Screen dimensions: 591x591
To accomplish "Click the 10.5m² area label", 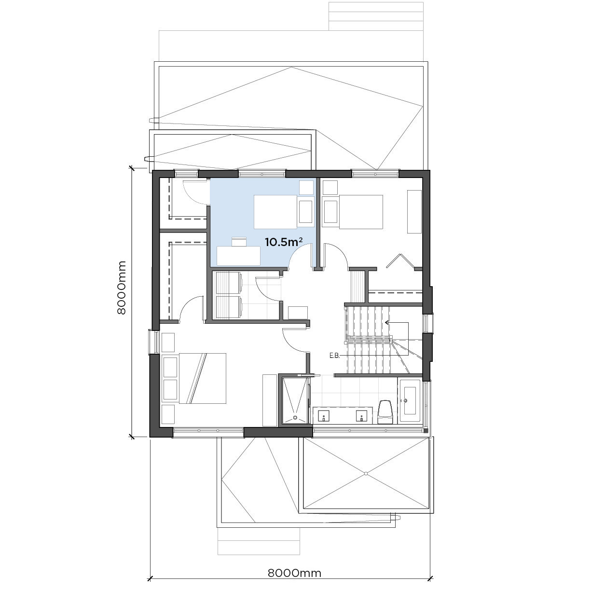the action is coord(284,242).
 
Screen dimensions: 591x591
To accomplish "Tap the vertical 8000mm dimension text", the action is coord(122,288).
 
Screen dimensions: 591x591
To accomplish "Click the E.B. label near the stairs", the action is coord(335,356).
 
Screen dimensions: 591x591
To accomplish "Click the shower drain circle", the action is coord(295,417).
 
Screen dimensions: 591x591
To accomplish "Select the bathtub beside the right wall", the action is coord(410,400).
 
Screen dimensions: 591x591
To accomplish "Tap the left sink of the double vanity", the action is coord(324,416).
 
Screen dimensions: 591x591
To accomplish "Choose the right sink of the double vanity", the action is coord(361,416).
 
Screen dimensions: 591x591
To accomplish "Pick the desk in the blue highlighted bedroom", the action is coord(238,256).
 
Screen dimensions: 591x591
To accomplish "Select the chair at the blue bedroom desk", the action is coord(239,242).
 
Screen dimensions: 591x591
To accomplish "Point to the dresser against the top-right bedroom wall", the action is coord(414,212).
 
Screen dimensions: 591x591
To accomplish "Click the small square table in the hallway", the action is coord(298,313).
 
